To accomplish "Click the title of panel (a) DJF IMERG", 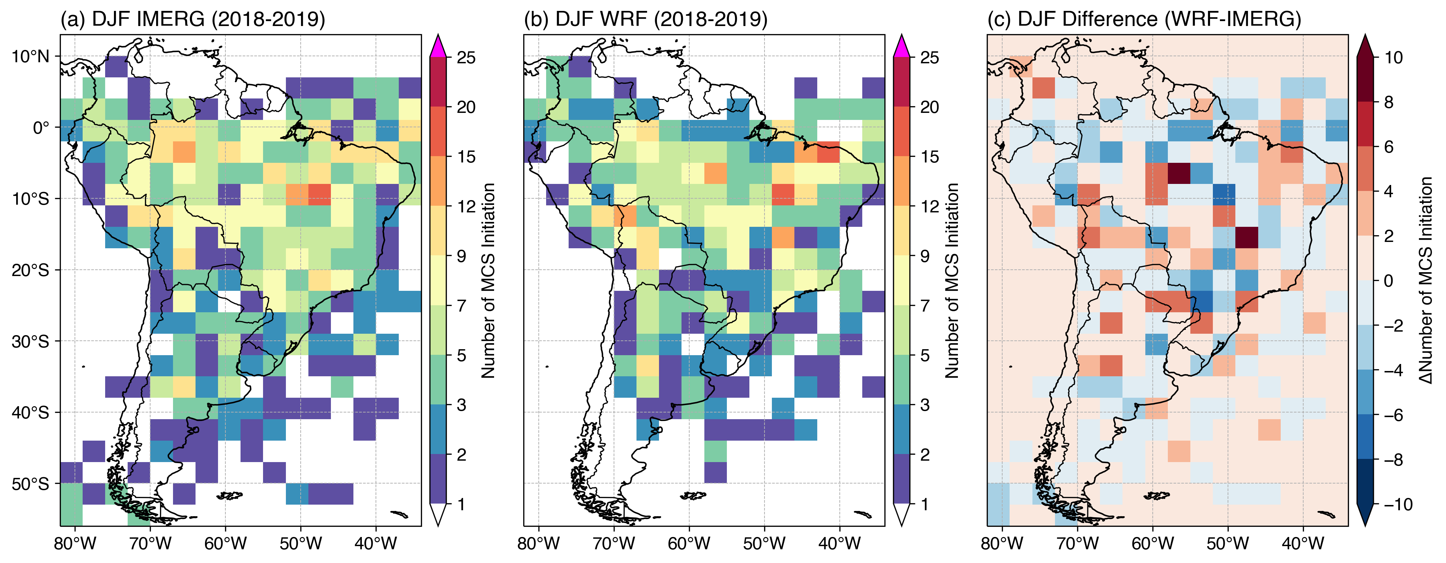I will click(x=193, y=19).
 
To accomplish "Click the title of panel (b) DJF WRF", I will click(x=646, y=19).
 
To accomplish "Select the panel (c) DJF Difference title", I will click(x=1144, y=19).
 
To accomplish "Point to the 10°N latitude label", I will click(x=31, y=57).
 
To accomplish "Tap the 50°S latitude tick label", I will click(x=31, y=484).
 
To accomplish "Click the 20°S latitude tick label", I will click(x=31, y=270).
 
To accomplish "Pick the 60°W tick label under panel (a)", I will click(x=225, y=543).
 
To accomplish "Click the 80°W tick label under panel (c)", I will click(x=1002, y=543).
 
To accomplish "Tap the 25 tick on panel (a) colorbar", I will click(x=466, y=58).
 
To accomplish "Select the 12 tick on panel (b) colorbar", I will click(x=929, y=206).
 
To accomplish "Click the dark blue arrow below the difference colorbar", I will click(x=1365, y=515).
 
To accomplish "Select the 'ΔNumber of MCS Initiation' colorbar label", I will click(x=1426, y=281).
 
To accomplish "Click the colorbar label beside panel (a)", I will click(x=488, y=281).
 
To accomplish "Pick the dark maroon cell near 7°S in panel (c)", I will click(x=1178, y=173).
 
